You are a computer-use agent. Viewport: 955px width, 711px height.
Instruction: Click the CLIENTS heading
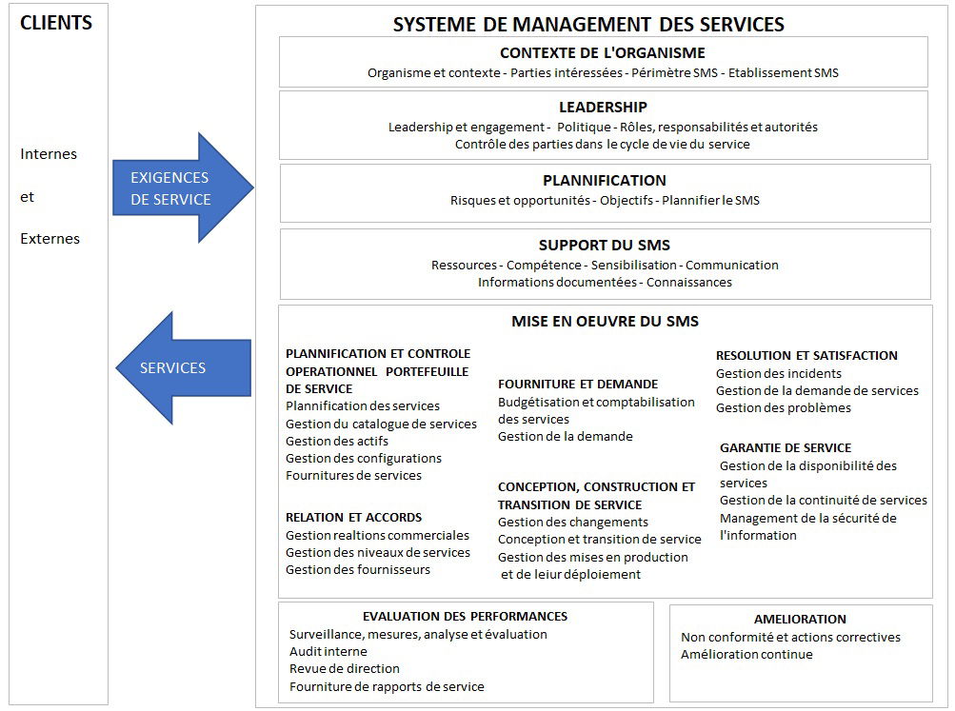[x=56, y=23]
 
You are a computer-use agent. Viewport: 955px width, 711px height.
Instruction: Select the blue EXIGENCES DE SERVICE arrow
[x=183, y=188]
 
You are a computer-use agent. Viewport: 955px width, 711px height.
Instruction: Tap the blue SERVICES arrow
[x=184, y=367]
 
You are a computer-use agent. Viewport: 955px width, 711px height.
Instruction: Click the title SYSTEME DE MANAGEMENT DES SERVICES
[x=588, y=25]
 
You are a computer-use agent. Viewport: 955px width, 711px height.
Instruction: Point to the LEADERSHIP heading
[x=603, y=108]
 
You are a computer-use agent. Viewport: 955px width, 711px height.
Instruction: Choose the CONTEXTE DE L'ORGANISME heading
[x=603, y=53]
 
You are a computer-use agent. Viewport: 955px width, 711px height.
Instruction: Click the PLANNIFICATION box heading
[x=605, y=181]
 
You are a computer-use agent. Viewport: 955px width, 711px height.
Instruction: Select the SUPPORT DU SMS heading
[x=605, y=246]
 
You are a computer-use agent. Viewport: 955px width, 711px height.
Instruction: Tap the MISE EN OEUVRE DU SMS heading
[x=605, y=322]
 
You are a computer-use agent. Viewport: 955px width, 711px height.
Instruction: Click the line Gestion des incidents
[x=778, y=373]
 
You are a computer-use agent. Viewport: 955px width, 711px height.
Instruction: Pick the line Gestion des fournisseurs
[x=357, y=570]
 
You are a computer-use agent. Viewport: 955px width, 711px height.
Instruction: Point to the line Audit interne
[x=328, y=651]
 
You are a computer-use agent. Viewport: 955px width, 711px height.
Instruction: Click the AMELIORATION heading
[x=800, y=619]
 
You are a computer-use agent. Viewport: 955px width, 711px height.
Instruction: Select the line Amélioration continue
[x=746, y=655]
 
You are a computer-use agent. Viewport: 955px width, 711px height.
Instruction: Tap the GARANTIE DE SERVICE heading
[x=786, y=448]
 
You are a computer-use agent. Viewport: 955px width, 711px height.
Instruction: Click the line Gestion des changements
[x=572, y=523]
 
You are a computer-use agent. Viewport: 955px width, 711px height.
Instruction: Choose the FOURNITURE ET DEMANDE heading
[x=577, y=385]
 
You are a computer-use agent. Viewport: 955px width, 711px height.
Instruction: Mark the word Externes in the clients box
[x=50, y=239]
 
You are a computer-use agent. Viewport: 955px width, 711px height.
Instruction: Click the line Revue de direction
[x=344, y=668]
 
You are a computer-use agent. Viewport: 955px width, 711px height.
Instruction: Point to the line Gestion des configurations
[x=363, y=459]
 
